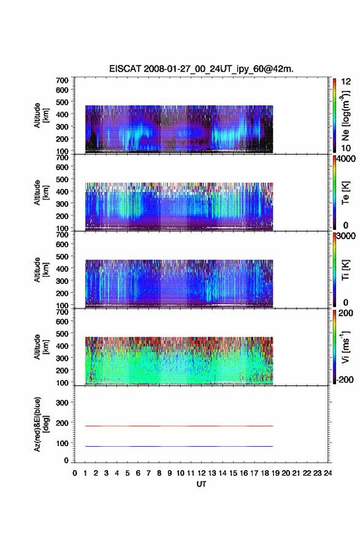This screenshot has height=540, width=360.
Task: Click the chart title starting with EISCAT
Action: tap(201, 69)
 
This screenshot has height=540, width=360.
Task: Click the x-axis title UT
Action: tap(201, 484)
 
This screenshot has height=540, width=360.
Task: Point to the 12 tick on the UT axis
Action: tap(201, 473)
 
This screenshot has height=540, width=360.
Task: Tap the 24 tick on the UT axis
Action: tap(328, 473)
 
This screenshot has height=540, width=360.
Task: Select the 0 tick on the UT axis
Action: tap(75, 473)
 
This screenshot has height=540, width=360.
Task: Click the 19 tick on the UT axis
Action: tap(275, 473)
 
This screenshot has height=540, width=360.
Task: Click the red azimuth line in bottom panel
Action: tap(179, 426)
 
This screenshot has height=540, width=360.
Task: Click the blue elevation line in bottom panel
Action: tap(179, 446)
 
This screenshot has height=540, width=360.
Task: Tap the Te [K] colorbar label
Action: tap(345, 193)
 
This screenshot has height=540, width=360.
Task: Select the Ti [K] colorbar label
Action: tap(345, 270)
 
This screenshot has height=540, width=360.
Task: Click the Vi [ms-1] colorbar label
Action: tap(345, 347)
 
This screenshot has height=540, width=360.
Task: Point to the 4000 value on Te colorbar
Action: tap(346, 159)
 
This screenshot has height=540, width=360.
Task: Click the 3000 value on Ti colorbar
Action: tap(346, 236)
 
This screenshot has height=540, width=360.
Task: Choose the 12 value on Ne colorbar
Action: tap(346, 82)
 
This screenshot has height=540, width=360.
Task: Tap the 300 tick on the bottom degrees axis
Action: tap(62, 403)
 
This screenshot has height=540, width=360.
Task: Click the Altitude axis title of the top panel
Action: tap(41, 115)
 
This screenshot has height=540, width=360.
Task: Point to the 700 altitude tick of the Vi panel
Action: tap(62, 312)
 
